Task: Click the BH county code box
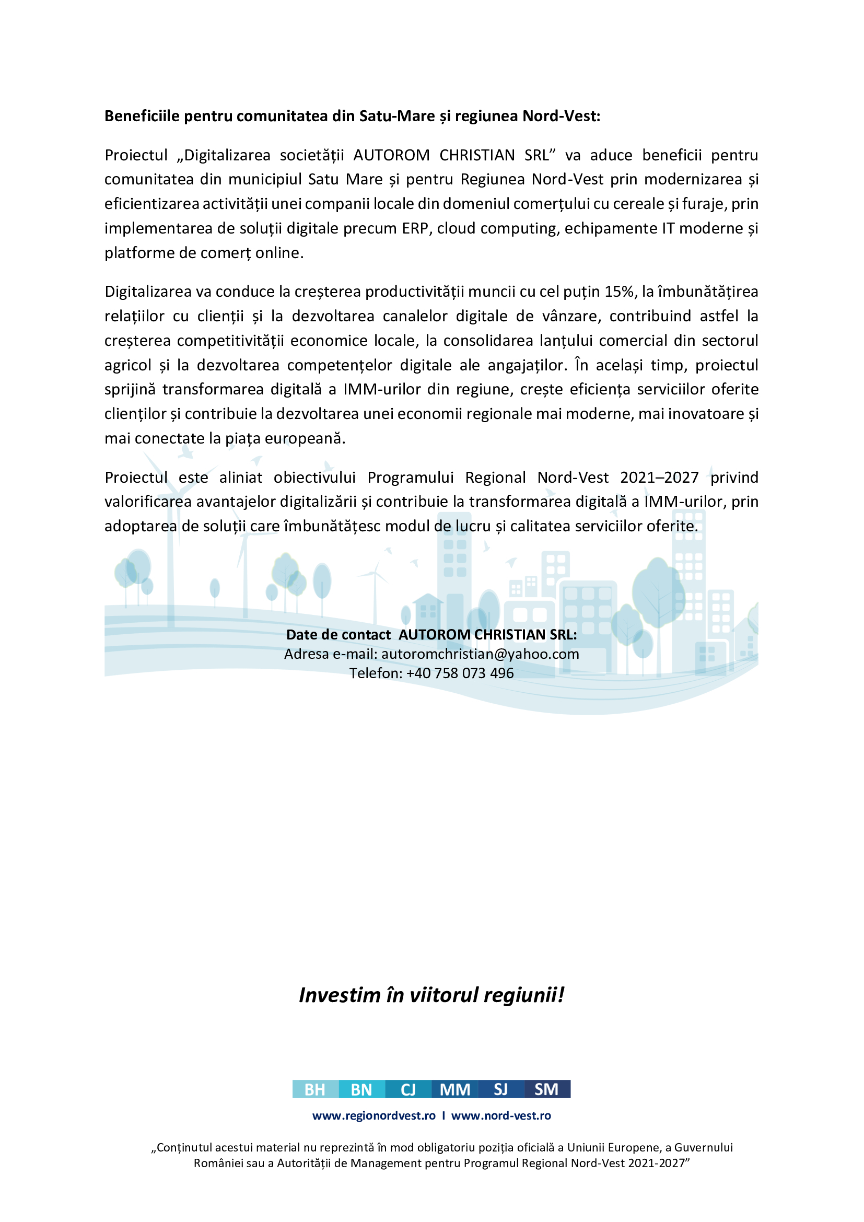click(315, 1089)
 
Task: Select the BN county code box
click(362, 1089)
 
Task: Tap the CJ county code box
click(408, 1089)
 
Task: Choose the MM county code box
click(455, 1089)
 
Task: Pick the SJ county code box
click(501, 1089)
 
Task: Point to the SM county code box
click(547, 1089)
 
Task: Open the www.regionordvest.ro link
click(373, 1115)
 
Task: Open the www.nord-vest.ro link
click(501, 1115)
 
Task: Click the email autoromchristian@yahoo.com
click(480, 654)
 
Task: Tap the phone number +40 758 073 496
click(460, 673)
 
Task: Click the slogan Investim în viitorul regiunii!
click(431, 995)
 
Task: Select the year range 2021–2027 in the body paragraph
click(659, 478)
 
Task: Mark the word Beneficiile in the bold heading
click(142, 116)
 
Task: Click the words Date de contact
click(338, 634)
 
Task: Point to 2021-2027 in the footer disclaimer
click(656, 1163)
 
